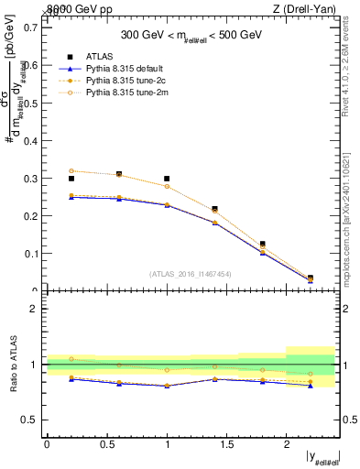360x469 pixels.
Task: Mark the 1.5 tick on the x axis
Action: point(226,445)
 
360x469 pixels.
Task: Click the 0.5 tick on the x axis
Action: point(106,445)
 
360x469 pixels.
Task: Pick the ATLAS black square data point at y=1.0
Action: point(167,179)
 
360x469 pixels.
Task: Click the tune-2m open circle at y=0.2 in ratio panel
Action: point(71,359)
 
